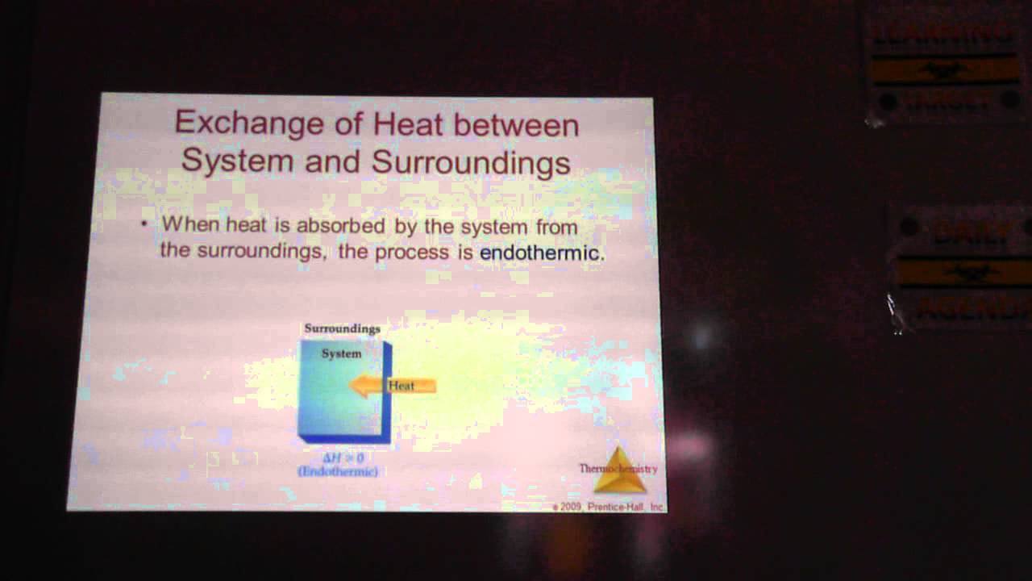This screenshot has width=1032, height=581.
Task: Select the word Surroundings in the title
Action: pyautogui.click(x=471, y=161)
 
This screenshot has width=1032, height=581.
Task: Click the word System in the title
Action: pyautogui.click(x=235, y=161)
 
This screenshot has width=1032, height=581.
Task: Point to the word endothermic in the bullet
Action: pyautogui.click(x=540, y=253)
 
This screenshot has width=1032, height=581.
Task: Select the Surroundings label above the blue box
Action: pyautogui.click(x=342, y=328)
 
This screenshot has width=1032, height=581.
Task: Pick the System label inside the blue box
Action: pyautogui.click(x=341, y=353)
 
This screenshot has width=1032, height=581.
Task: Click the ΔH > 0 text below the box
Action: pyautogui.click(x=343, y=458)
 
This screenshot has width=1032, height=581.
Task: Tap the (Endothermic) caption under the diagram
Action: pyautogui.click(x=338, y=471)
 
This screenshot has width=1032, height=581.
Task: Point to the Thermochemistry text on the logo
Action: pyautogui.click(x=618, y=468)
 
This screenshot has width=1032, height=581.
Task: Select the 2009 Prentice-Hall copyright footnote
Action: pyautogui.click(x=608, y=507)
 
